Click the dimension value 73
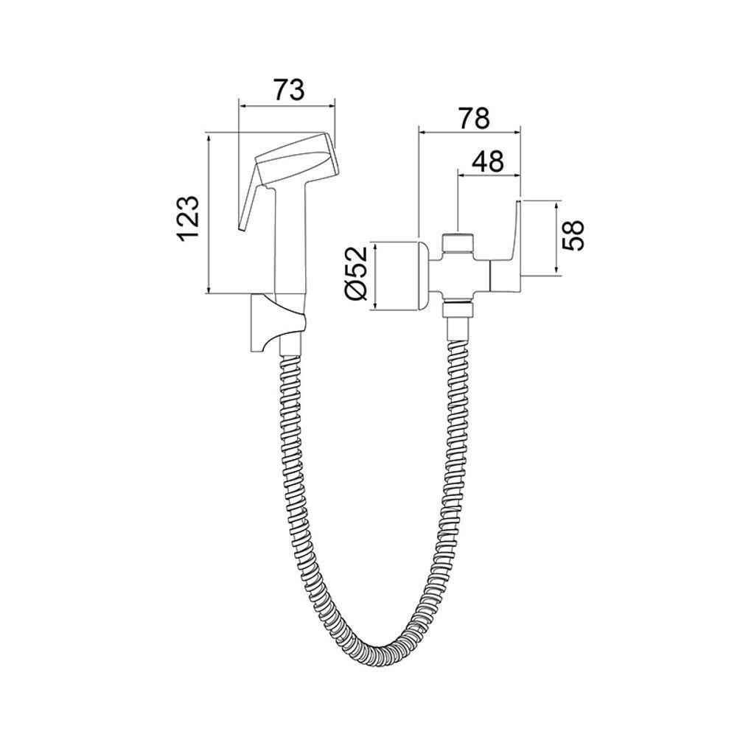[x=289, y=90]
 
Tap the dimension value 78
[x=474, y=118]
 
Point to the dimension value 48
[x=487, y=161]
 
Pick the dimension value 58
[x=573, y=235]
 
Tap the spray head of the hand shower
[x=297, y=159]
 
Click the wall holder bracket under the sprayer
[x=277, y=323]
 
